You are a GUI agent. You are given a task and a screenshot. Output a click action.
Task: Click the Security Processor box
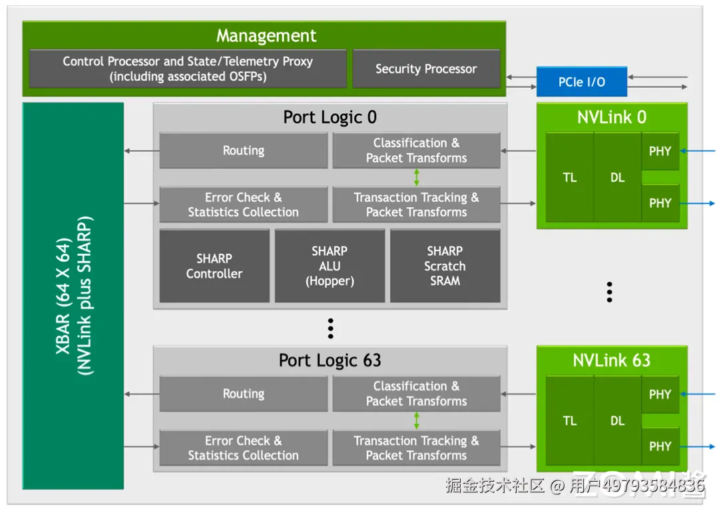[x=426, y=69]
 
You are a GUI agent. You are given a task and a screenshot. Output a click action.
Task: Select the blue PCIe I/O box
[x=582, y=82]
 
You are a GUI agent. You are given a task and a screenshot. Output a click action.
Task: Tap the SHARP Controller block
[x=214, y=266]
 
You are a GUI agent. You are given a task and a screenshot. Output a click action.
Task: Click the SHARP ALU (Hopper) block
[x=330, y=266]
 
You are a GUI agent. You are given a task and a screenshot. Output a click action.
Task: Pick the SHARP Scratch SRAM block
[x=445, y=266]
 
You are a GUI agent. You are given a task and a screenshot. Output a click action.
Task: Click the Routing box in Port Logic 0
[x=244, y=151]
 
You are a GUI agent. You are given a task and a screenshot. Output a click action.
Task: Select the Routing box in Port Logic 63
[x=244, y=394]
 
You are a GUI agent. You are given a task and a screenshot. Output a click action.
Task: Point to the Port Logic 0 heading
[x=330, y=117]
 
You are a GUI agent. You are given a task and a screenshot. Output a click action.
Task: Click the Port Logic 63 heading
[x=330, y=360]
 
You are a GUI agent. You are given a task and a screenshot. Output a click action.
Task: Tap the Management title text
[x=266, y=36]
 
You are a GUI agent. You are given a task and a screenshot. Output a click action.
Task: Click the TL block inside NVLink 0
[x=570, y=178]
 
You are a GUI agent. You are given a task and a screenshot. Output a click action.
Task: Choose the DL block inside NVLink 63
[x=618, y=421]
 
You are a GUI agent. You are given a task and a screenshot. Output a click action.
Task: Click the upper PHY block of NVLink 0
[x=660, y=151]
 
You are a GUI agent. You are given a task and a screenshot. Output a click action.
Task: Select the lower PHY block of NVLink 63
[x=660, y=446]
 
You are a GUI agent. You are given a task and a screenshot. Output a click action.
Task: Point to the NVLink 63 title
[x=611, y=360]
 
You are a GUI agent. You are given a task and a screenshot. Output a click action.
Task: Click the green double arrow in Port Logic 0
[x=417, y=177]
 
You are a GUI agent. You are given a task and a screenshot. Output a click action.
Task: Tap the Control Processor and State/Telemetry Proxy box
[x=188, y=69]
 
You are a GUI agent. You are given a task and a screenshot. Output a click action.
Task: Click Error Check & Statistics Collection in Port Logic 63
[x=244, y=448]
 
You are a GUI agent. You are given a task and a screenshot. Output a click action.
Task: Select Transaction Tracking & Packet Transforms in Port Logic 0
[x=416, y=205]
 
